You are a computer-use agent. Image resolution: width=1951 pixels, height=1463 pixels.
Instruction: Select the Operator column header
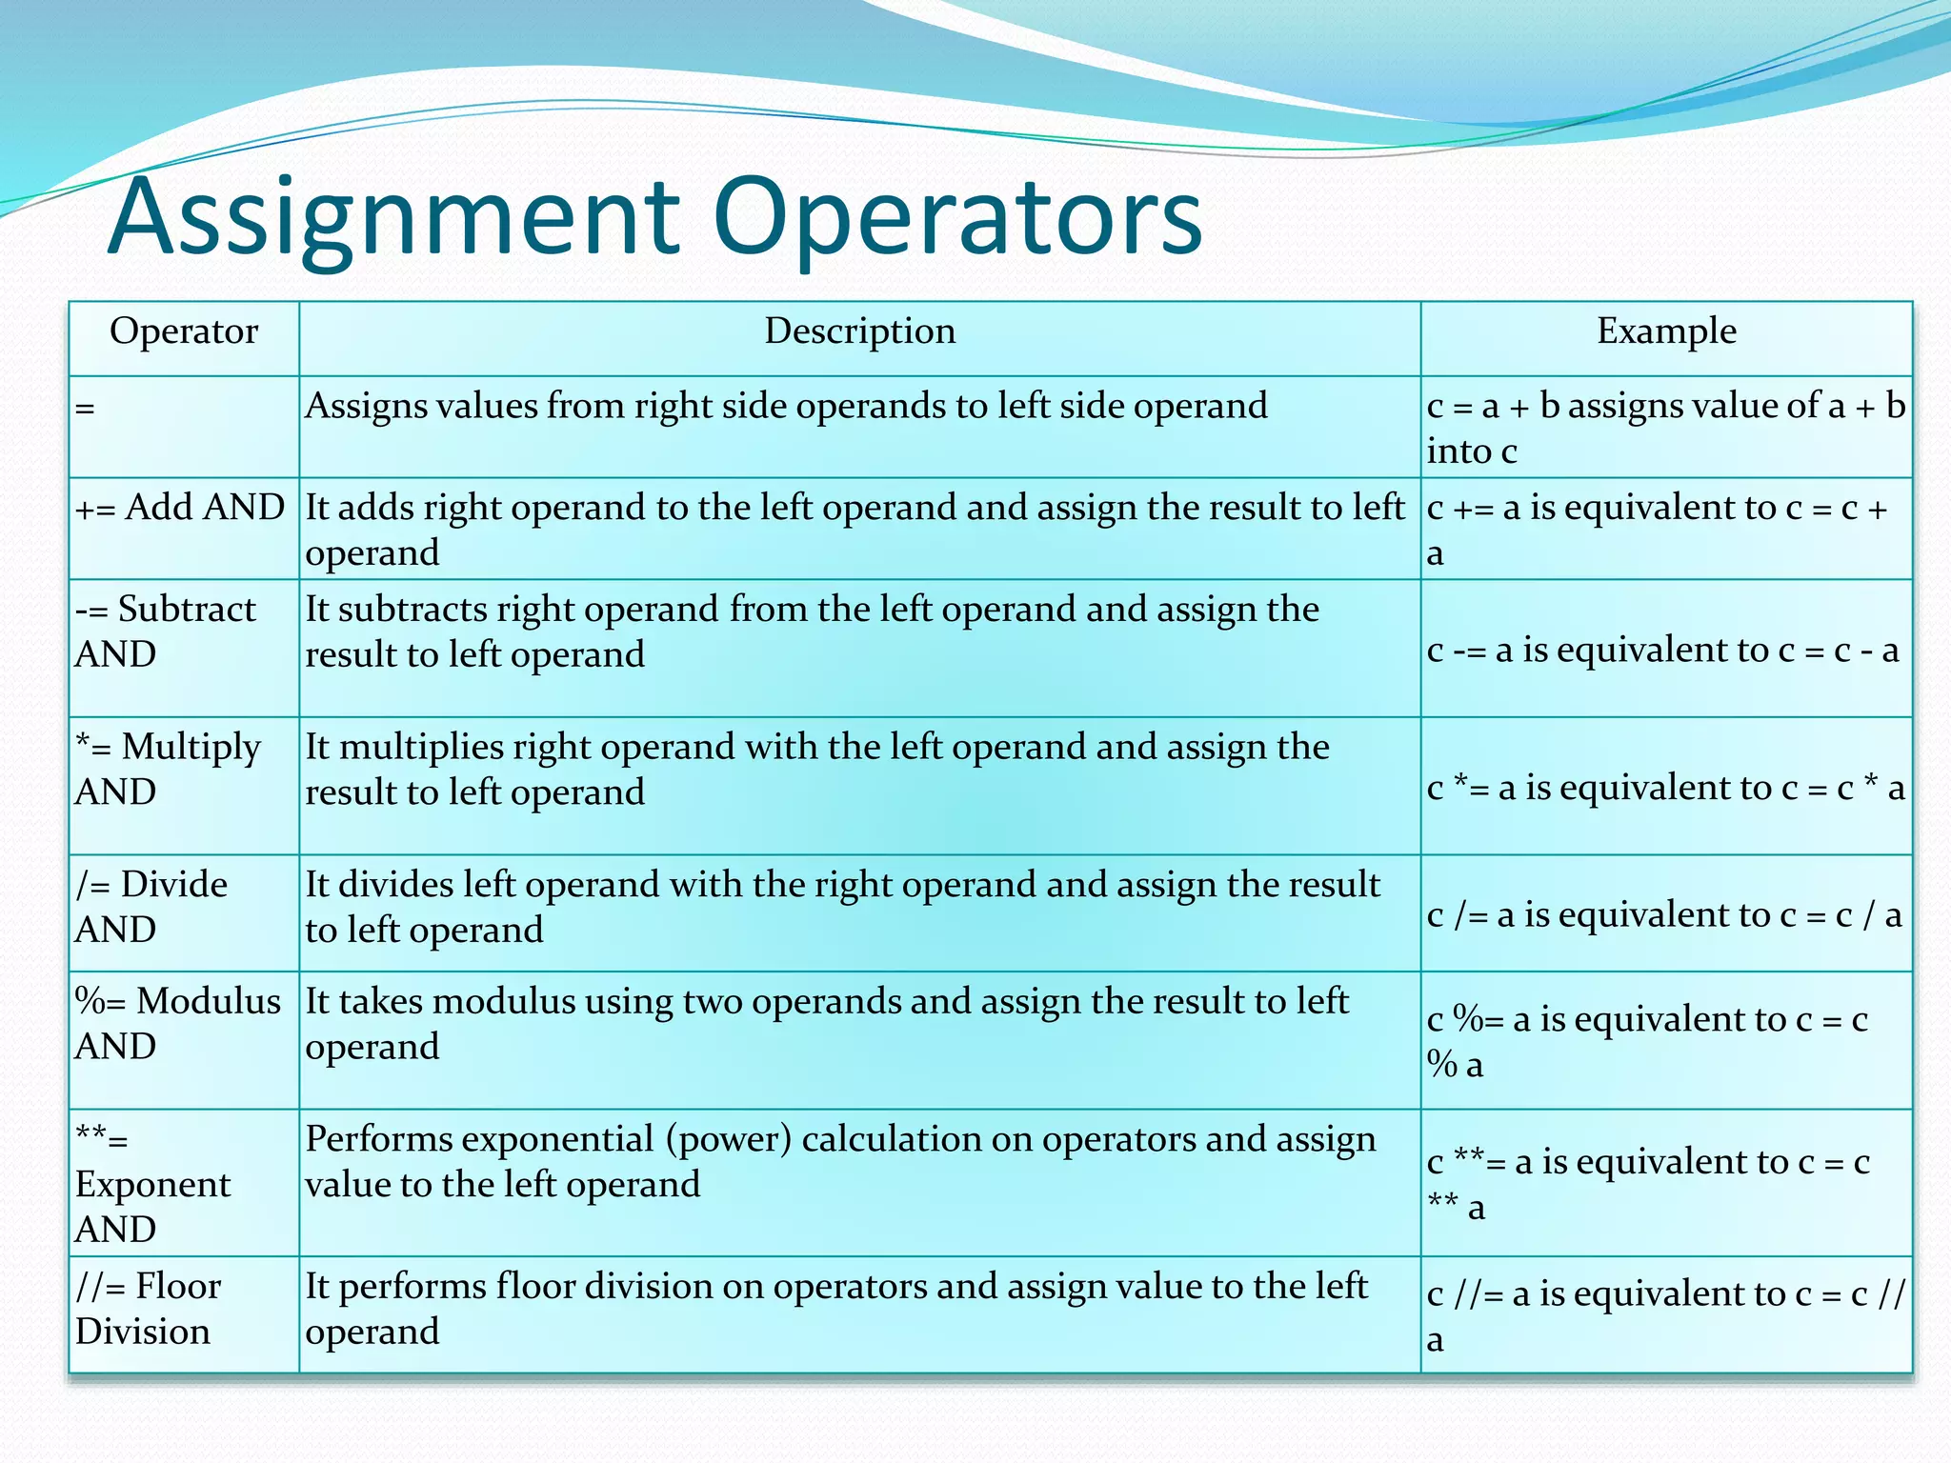click(x=184, y=331)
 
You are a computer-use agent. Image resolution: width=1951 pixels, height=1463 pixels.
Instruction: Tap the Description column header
click(x=859, y=331)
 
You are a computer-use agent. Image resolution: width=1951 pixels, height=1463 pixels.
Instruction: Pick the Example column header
click(x=1666, y=331)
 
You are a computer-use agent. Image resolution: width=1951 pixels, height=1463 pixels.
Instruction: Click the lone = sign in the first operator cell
click(x=86, y=409)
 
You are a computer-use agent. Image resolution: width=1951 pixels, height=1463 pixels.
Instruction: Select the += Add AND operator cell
click(x=180, y=508)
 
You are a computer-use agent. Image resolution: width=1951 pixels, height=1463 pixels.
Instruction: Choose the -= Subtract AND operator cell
click(x=166, y=631)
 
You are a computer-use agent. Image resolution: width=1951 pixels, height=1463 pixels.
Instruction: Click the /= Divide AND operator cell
click(x=151, y=906)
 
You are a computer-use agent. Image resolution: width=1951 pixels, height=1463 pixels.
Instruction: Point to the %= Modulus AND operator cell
click(x=178, y=1023)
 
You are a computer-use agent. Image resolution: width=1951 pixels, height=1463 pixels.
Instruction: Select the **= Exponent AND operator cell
click(x=152, y=1183)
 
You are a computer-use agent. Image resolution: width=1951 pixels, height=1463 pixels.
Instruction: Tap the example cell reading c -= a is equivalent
click(x=1662, y=651)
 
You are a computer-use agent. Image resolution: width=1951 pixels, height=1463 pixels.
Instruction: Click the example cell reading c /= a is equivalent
click(x=1663, y=915)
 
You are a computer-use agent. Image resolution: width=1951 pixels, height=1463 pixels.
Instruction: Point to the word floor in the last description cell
click(x=534, y=1287)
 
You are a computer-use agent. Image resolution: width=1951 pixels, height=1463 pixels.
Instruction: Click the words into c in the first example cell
click(x=1471, y=451)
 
